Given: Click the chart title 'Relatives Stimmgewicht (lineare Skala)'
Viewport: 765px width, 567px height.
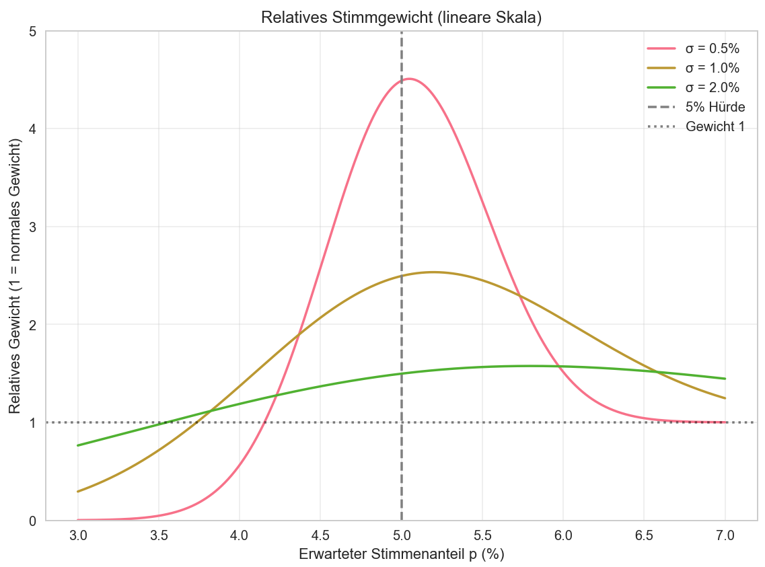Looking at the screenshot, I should (401, 19).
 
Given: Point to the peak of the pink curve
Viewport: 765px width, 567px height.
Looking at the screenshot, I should (408, 79).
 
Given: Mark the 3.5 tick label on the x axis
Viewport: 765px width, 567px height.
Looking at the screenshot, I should (159, 536).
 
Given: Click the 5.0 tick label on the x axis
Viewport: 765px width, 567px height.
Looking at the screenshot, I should (402, 536).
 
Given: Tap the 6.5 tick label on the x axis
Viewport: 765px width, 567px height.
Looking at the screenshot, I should (645, 536).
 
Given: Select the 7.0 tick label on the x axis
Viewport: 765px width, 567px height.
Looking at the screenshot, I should (725, 536).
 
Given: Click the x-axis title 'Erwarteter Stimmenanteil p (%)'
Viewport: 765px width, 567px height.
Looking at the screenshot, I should (401, 554).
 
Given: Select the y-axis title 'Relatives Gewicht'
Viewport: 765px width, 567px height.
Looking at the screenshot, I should (14, 276).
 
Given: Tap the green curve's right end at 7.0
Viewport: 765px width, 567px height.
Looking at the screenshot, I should (725, 379).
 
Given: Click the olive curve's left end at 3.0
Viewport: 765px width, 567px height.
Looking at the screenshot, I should (78, 492).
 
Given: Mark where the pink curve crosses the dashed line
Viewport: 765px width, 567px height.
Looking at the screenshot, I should (402, 80).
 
